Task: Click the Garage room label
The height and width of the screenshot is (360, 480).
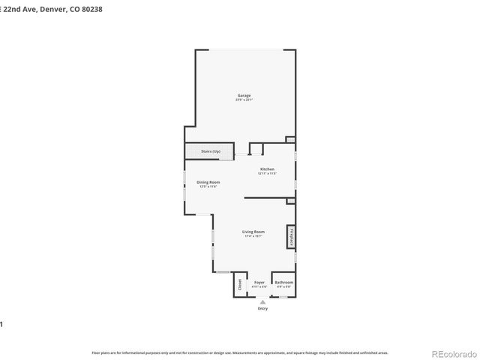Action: pos(244,95)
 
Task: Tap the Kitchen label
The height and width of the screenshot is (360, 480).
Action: pos(267,169)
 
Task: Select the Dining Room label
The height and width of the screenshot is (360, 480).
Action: pos(208,182)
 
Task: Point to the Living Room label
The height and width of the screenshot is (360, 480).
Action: pos(253,232)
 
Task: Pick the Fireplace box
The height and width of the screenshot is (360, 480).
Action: pos(289,237)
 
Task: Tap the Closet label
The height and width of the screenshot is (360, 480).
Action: pos(241,284)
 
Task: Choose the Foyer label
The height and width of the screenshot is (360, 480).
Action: pos(259,282)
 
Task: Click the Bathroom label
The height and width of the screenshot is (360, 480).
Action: pos(283,282)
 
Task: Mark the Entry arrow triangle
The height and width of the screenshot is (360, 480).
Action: pos(262,301)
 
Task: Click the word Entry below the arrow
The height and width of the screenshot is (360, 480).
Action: pos(262,308)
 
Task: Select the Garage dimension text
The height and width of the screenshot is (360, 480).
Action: pos(244,100)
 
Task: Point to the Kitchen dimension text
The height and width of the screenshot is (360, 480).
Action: pos(267,174)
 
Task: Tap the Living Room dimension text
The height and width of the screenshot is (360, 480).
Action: pos(253,237)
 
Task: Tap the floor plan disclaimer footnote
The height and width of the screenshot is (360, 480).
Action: pos(239,352)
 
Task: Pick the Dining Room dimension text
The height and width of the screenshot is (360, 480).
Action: pos(208,187)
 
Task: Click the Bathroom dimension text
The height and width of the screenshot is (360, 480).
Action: pos(283,286)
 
